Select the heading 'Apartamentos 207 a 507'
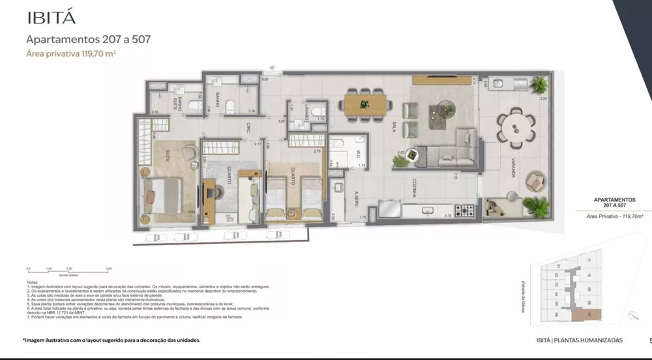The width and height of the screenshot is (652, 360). point(88,39)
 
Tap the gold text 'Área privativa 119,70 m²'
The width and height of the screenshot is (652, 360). point(71,54)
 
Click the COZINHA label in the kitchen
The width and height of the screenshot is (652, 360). point(413,188)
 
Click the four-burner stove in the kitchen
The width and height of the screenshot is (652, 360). point(466,211)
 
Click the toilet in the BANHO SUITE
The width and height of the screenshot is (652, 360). point(195,104)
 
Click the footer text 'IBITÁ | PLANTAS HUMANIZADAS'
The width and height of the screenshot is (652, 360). point(578,340)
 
